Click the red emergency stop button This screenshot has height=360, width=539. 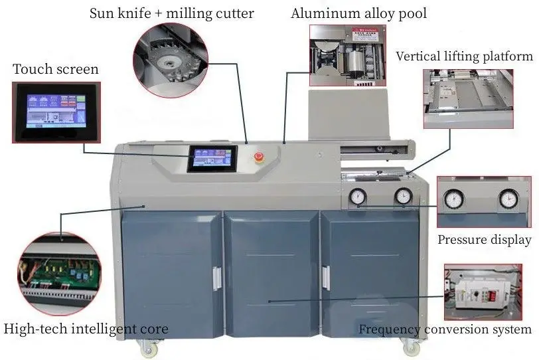pyautogui.click(x=259, y=157)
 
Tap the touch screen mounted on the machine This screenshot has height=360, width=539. pyautogui.click(x=212, y=159)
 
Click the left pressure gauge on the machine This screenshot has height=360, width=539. pyautogui.click(x=358, y=197)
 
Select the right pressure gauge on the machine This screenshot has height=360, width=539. pyautogui.click(x=403, y=197)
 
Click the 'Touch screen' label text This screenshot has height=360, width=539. pyautogui.click(x=56, y=69)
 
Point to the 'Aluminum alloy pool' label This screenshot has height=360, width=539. pyautogui.click(x=358, y=13)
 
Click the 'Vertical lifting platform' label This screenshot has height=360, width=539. pyautogui.click(x=465, y=56)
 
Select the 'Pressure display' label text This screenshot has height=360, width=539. pyautogui.click(x=485, y=240)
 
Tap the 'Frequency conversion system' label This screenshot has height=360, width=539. pyautogui.click(x=445, y=329)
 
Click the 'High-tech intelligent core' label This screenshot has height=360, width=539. pyautogui.click(x=86, y=329)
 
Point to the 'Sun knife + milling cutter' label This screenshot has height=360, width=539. pyautogui.click(x=171, y=14)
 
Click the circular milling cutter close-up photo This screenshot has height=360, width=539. pyautogui.click(x=171, y=60)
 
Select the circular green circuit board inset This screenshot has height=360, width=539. pyautogui.click(x=60, y=274)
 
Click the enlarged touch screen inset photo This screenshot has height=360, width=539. pyautogui.click(x=56, y=112)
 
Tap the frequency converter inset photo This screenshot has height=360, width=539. pyautogui.click(x=483, y=292)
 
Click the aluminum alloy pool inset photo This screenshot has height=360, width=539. pyautogui.click(x=348, y=55)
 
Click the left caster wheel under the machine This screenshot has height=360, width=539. pyautogui.click(x=149, y=348)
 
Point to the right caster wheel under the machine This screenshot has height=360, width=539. pyautogui.click(x=411, y=347)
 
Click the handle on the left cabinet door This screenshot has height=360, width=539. pyautogui.click(x=217, y=278)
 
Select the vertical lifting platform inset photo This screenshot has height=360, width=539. pyautogui.click(x=468, y=99)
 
